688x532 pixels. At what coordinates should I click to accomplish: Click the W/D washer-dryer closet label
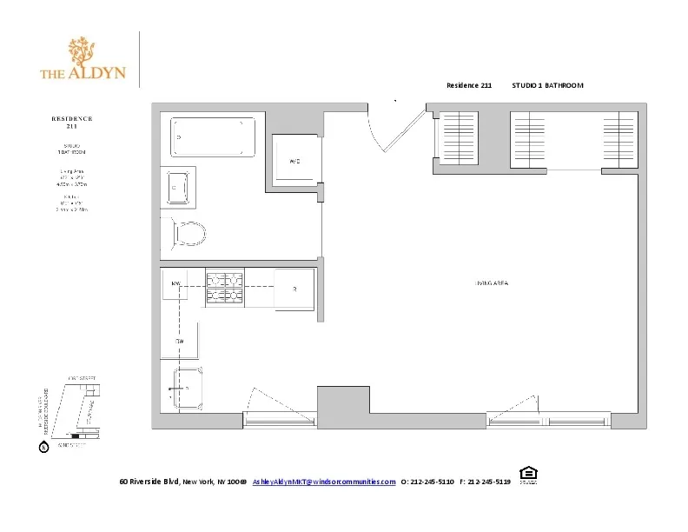coord(294,162)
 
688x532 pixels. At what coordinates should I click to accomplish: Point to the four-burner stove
coord(223,287)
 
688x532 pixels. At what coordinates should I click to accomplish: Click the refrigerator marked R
coord(294,289)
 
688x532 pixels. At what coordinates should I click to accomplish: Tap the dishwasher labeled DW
coord(179,342)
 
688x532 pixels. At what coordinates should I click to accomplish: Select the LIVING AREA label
coord(491,284)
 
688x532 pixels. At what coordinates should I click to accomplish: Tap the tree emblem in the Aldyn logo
coord(83,54)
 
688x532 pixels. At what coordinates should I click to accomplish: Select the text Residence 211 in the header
coord(469,85)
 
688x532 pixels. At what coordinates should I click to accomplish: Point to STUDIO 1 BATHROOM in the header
coord(547,85)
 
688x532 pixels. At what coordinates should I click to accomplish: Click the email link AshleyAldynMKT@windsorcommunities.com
coord(324,482)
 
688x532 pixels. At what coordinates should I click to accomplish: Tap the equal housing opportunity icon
coord(526,475)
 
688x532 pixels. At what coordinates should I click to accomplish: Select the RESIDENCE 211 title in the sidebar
coord(71,121)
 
